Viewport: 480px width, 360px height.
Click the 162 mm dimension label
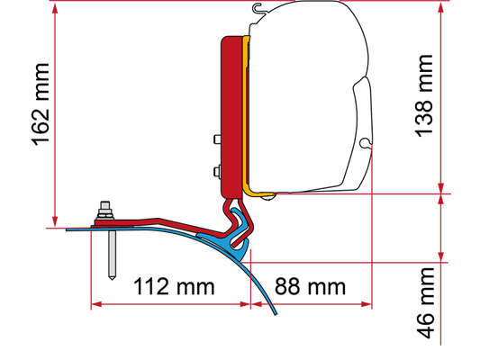(x=41, y=104)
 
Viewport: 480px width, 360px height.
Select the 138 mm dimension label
(x=424, y=96)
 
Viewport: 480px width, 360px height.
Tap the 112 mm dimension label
(x=174, y=286)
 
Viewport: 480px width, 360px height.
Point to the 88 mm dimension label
(x=310, y=286)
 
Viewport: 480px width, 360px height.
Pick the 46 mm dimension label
(x=425, y=303)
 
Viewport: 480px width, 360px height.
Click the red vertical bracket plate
(x=231, y=116)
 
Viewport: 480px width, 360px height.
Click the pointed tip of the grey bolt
(x=112, y=279)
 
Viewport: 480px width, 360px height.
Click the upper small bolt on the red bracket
(x=217, y=139)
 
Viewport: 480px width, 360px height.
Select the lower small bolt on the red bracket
(x=217, y=172)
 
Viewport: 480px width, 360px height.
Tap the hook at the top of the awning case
(x=258, y=7)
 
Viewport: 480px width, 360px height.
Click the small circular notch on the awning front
(x=365, y=143)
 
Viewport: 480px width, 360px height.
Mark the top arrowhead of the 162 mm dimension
(x=55, y=9)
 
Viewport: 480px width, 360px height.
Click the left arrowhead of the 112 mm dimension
(x=96, y=304)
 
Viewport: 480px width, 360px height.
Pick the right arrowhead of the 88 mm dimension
(x=367, y=304)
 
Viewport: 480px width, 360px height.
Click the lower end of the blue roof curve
(x=276, y=313)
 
